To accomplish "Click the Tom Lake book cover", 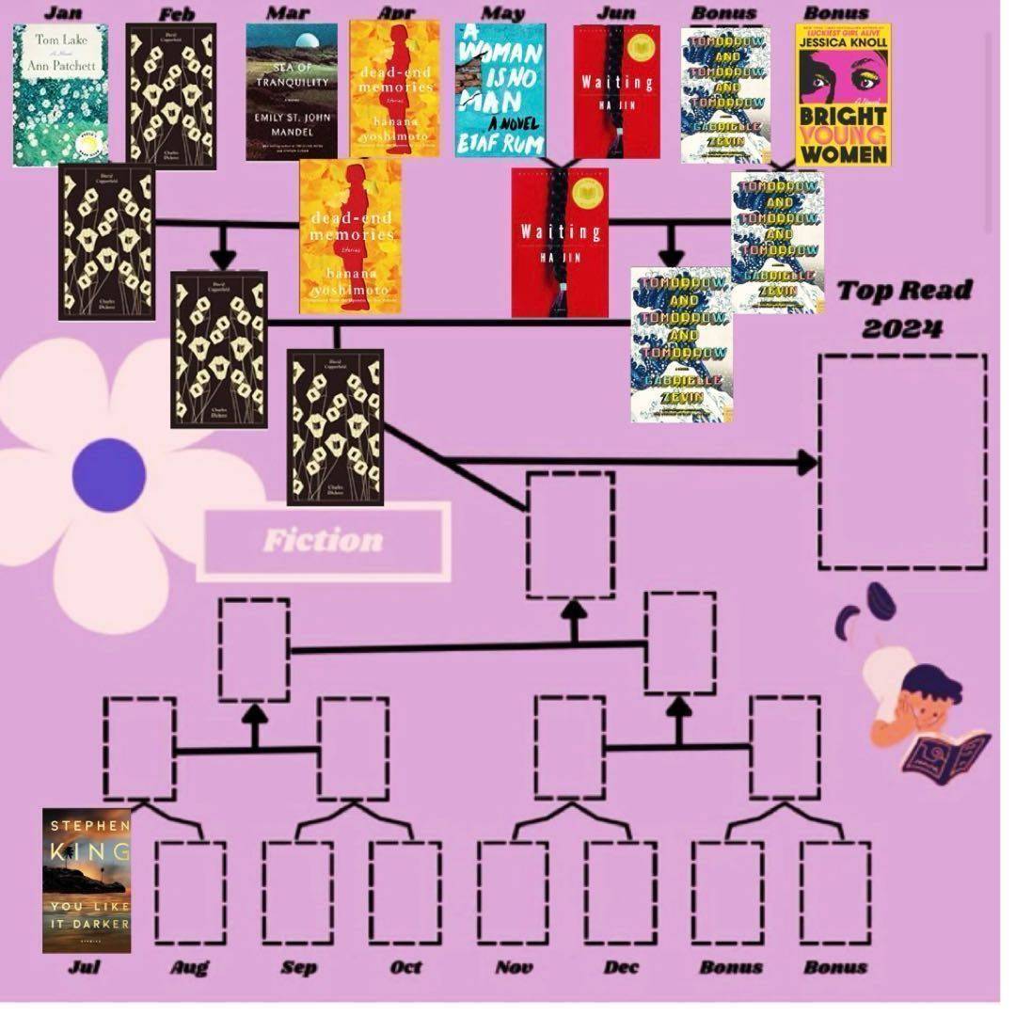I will point(60,94).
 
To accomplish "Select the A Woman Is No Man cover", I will point(500,90).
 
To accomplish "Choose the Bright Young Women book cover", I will point(843,94).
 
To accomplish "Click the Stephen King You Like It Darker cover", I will point(87,881).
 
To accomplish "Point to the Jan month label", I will point(62,13).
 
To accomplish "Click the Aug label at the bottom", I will point(190,967).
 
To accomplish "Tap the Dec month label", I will point(622,967).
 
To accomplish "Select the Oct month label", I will point(405,967).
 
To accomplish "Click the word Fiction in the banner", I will point(323,541).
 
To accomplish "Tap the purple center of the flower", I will point(109,475).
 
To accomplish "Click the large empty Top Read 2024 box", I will point(902,461).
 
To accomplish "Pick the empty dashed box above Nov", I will point(513,893).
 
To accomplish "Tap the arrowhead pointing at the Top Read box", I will point(806,462).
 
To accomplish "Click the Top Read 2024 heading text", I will point(904,309).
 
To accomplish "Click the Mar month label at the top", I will point(287,13).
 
